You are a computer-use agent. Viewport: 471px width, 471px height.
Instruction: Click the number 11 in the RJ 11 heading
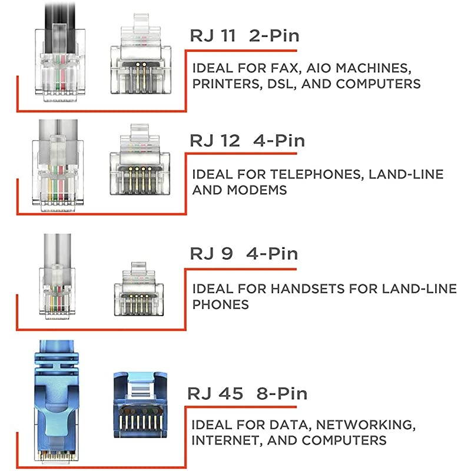pyautogui.click(x=228, y=36)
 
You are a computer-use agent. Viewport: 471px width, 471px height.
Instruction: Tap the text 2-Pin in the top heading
pyautogui.click(x=274, y=36)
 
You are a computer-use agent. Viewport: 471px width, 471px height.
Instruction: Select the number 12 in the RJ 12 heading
pyautogui.click(x=230, y=141)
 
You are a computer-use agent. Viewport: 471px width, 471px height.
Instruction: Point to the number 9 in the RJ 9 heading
pyautogui.click(x=227, y=254)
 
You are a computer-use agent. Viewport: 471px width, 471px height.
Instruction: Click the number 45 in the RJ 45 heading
pyautogui.click(x=231, y=393)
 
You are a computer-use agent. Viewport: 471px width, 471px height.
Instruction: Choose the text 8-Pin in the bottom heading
pyautogui.click(x=282, y=393)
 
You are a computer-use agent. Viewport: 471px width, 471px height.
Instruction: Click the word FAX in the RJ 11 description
pyautogui.click(x=286, y=68)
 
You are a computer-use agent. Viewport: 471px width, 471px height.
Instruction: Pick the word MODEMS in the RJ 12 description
pyautogui.click(x=257, y=190)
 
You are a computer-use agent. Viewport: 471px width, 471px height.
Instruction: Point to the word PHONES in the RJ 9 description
pyautogui.click(x=220, y=304)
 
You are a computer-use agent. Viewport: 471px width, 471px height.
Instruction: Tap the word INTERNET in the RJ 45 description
pyautogui.click(x=227, y=440)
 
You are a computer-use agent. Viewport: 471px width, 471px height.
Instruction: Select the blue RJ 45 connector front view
pyautogui.click(x=140, y=404)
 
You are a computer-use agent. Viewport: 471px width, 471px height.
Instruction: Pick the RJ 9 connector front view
pyautogui.click(x=139, y=289)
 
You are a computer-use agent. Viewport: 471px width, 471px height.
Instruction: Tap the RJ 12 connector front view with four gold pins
pyautogui.click(x=140, y=160)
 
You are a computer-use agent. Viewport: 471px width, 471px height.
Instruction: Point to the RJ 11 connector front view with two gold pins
pyautogui.click(x=141, y=54)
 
